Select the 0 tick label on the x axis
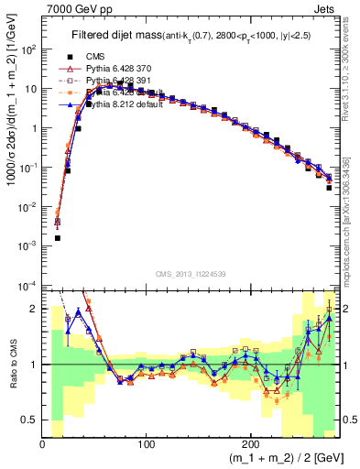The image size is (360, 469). tap(42, 444)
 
